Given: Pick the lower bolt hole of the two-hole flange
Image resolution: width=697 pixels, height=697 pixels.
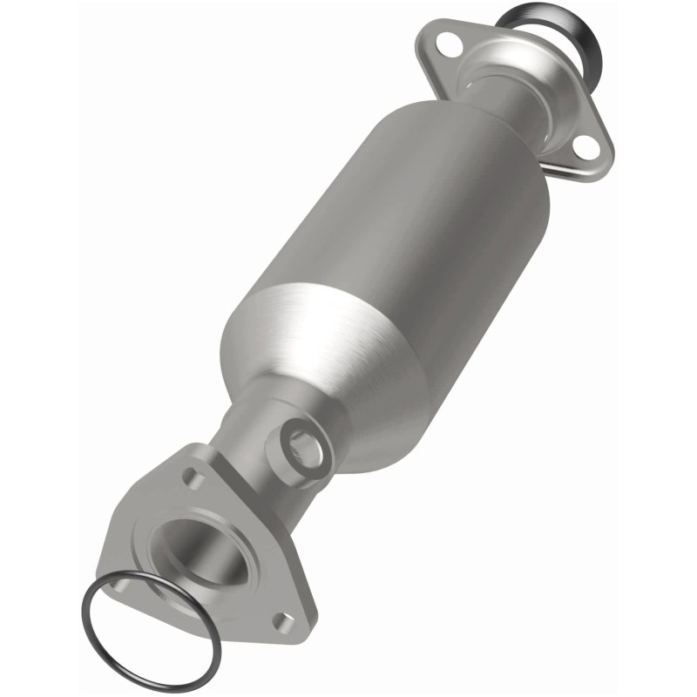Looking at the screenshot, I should coord(588,148).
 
